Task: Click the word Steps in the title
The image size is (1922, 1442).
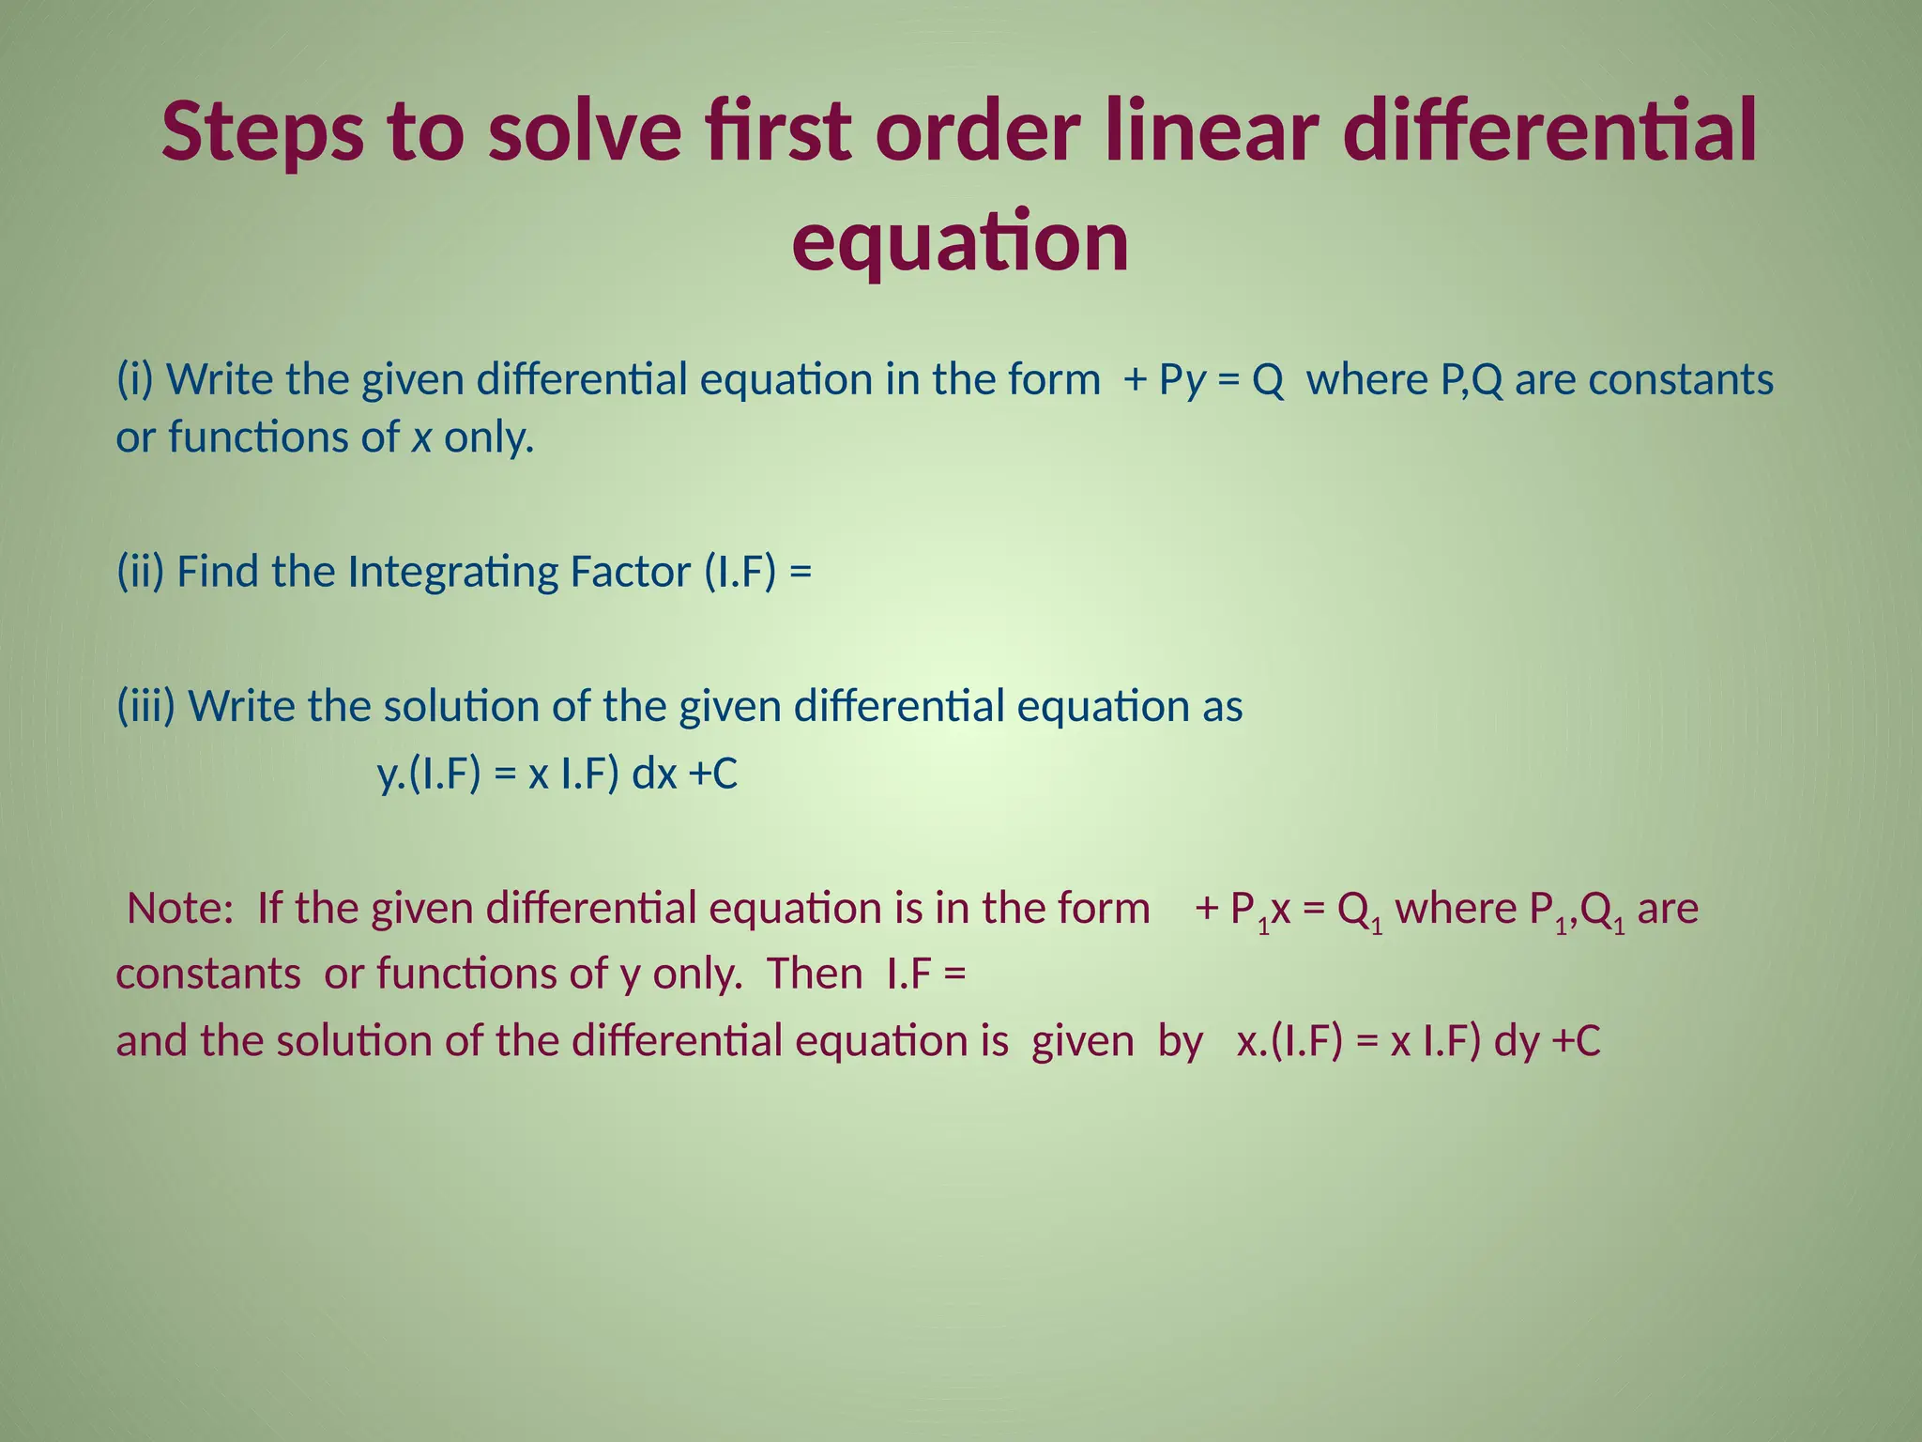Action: [x=262, y=133]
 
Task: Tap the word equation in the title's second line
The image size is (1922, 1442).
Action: [x=960, y=242]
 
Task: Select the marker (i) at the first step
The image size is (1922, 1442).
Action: [x=137, y=379]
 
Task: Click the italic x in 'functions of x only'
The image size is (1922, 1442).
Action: [x=421, y=438]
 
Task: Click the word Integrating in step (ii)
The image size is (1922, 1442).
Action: [x=452, y=573]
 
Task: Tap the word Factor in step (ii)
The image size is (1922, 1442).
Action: [x=630, y=572]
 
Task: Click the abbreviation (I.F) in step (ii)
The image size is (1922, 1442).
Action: [x=740, y=572]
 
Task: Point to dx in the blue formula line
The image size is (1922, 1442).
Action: [x=654, y=775]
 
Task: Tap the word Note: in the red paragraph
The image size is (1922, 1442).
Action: [x=180, y=909]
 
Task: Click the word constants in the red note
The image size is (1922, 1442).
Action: [x=208, y=974]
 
